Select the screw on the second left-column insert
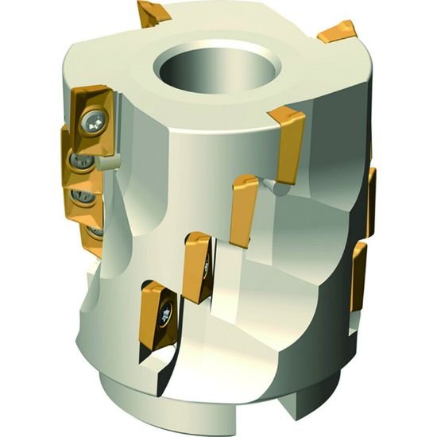coord(78,161)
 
